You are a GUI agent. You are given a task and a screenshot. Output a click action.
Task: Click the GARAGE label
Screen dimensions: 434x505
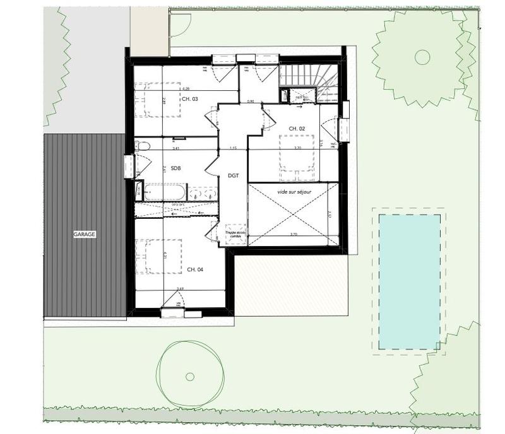pos(84,234)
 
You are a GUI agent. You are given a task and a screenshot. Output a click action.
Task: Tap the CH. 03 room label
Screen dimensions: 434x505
pos(189,99)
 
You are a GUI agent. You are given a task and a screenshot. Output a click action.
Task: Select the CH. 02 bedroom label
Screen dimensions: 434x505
pos(297,129)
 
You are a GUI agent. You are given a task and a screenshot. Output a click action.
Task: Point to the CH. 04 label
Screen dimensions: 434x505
pos(194,269)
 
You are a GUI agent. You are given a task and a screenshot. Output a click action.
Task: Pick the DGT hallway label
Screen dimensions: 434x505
pos(233,177)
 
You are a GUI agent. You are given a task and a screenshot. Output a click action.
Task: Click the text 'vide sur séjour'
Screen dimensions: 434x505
pos(294,189)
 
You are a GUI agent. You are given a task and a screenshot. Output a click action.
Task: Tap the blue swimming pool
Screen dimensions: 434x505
pos(409,281)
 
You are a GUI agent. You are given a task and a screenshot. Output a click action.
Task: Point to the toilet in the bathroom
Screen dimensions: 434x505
pos(143,146)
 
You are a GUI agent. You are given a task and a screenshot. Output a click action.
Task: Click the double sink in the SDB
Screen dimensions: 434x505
pos(202,192)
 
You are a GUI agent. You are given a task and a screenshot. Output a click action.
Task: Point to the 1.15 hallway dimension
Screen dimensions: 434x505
pos(233,148)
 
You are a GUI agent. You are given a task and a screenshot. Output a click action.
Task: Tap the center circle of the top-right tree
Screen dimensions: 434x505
pos(422,57)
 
